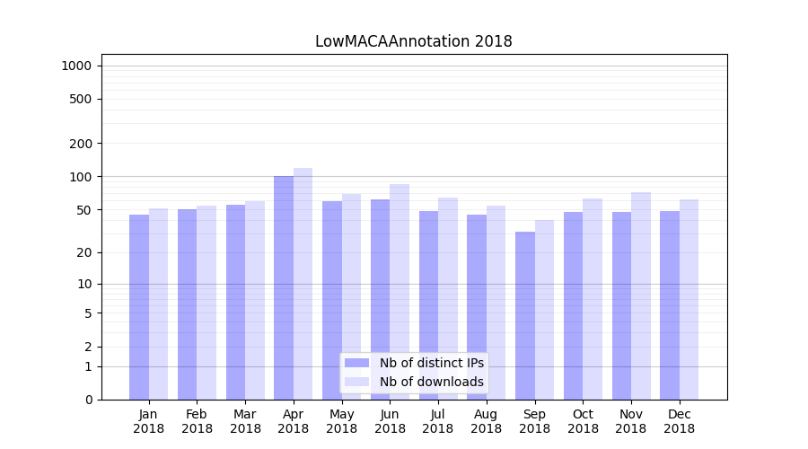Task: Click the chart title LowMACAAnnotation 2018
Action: [x=413, y=41]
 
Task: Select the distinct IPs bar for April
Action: [x=284, y=287]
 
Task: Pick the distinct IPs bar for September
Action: [x=525, y=315]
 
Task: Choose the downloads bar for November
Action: [x=641, y=295]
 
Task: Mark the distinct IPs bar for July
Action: [x=428, y=305]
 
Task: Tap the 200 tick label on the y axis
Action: [x=81, y=144]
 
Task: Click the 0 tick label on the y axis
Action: [x=88, y=400]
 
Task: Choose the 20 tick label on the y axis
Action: [x=83, y=252]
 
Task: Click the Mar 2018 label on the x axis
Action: [x=245, y=421]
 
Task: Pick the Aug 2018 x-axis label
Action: [x=487, y=421]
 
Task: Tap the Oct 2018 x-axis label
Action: [x=583, y=421]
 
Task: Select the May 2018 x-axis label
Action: [x=342, y=421]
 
